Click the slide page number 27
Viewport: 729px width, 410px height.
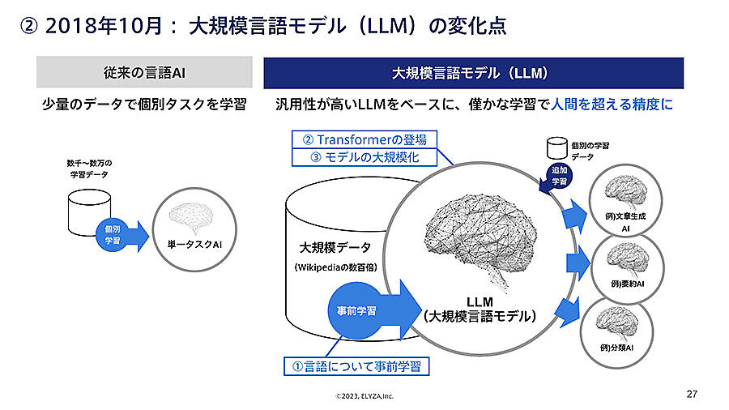pyautogui.click(x=691, y=395)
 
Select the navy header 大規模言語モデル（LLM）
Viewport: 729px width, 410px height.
pyautogui.click(x=473, y=73)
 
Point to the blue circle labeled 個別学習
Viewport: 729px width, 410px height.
pyautogui.click(x=113, y=235)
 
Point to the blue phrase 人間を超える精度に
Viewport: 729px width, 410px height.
pyautogui.click(x=612, y=105)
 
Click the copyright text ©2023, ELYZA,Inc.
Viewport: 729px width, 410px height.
pyautogui.click(x=365, y=396)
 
